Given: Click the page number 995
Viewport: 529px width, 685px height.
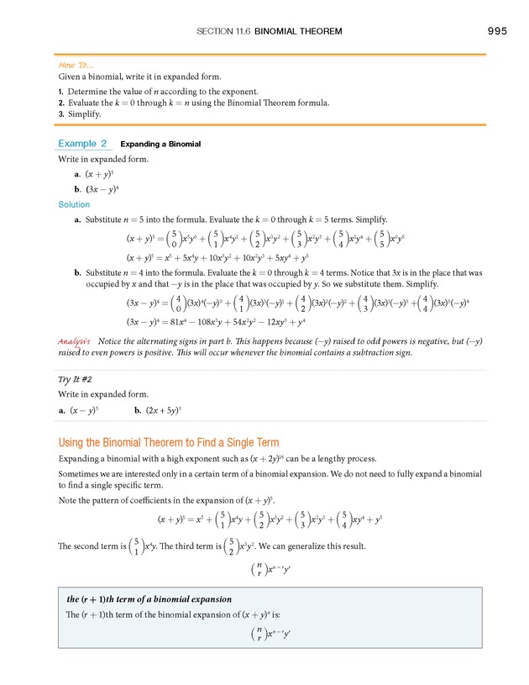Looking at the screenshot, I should tap(496, 31).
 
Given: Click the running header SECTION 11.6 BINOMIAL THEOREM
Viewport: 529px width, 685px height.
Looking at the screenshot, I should tap(269, 32).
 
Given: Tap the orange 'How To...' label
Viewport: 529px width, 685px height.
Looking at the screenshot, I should tap(76, 65).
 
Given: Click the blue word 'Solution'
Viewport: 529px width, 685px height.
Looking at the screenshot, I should tap(74, 204).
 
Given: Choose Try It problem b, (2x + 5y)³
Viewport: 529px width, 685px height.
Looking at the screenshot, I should tap(159, 409).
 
